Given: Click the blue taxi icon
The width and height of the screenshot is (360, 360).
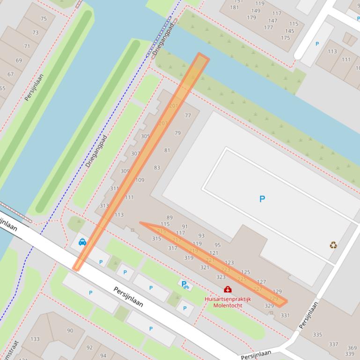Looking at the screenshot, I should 82,242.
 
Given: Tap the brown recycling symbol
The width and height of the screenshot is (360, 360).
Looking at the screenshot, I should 333,245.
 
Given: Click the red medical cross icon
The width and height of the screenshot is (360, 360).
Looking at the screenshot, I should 228,289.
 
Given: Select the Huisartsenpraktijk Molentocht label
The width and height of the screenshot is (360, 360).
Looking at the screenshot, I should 228,302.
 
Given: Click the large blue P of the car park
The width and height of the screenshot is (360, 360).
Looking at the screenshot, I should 262,199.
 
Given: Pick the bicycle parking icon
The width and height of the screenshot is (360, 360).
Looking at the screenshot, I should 185,284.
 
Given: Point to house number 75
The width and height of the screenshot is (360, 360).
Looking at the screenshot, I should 44,19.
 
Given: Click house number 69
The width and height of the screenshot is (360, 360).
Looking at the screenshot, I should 19,60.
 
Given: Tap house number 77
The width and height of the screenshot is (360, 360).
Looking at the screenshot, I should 188,115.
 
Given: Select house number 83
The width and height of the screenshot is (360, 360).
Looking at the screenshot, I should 157,167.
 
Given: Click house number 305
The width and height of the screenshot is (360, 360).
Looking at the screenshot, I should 145,137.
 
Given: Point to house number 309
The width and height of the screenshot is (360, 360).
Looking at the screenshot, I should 125,171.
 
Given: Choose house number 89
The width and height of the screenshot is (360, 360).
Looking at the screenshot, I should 169,217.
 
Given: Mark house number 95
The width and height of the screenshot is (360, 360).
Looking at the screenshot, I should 217,245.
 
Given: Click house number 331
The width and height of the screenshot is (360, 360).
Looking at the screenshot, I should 285,316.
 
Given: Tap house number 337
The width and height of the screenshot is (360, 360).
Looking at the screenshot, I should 333,344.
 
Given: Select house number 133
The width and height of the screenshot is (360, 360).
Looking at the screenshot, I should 35,339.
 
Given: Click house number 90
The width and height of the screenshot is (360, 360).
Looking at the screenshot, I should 70,331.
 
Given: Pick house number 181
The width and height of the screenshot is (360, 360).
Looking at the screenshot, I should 235,7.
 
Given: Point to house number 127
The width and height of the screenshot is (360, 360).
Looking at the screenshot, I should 261,282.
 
